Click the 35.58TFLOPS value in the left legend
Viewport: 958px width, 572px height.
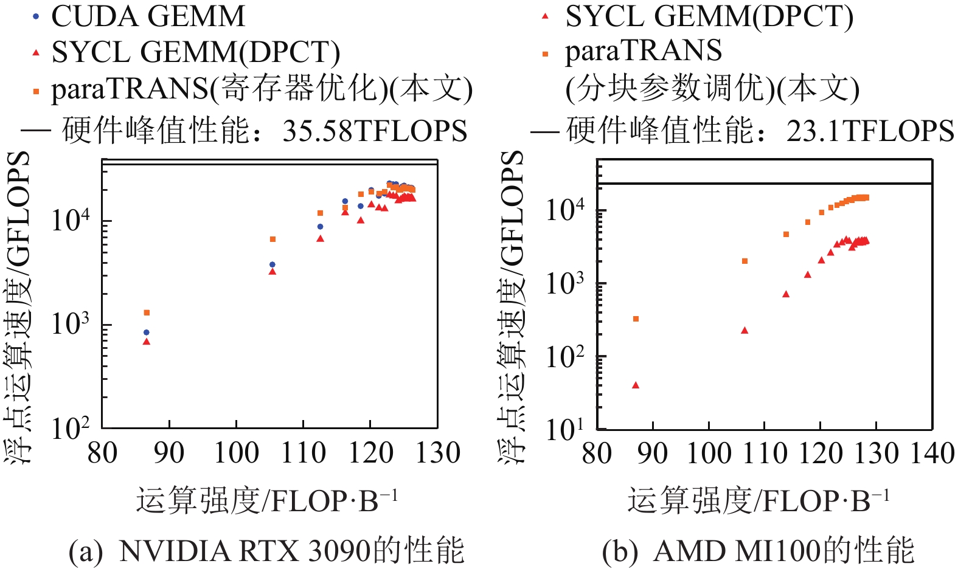click(375, 131)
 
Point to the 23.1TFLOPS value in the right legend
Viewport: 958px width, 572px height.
click(870, 131)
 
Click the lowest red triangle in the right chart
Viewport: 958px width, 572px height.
click(636, 385)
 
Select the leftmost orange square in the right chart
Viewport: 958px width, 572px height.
click(636, 319)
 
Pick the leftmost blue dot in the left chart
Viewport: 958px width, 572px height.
click(146, 333)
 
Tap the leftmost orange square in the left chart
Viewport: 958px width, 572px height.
click(147, 312)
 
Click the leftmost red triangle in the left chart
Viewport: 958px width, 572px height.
click(146, 342)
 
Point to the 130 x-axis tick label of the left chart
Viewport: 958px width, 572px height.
click(437, 453)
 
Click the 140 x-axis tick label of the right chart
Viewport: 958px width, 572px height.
click(932, 453)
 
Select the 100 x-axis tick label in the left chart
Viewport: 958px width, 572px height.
click(237, 453)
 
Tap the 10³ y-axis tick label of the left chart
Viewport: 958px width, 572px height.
click(70, 323)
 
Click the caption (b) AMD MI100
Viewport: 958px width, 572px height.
click(758, 551)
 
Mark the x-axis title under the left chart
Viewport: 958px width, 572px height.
click(267, 501)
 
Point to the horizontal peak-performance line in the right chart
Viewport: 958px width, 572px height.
click(765, 183)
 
